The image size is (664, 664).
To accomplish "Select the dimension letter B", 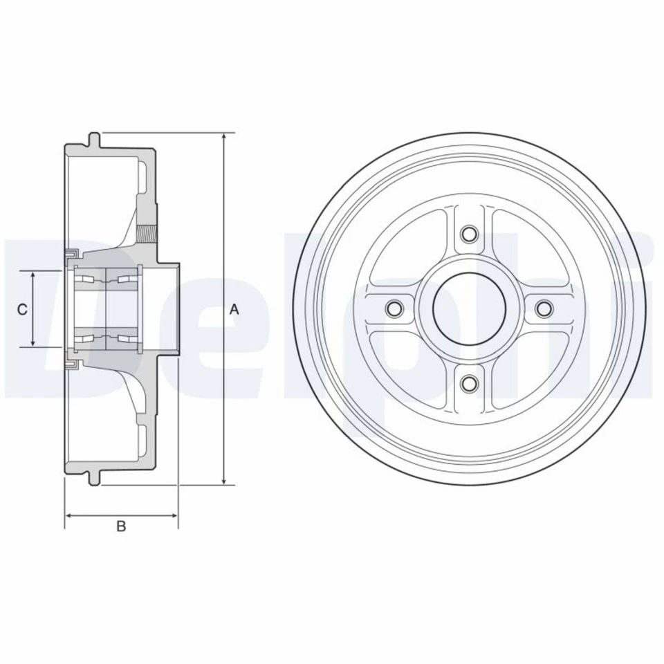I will [x=121, y=527].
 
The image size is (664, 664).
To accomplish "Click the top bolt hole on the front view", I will [x=470, y=234].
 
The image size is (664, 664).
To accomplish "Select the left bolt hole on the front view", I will [x=395, y=308].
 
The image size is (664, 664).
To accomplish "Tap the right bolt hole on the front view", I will [x=544, y=308].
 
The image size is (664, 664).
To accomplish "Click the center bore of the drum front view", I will [x=470, y=308].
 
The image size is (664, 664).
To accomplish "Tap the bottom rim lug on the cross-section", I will [x=95, y=480].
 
